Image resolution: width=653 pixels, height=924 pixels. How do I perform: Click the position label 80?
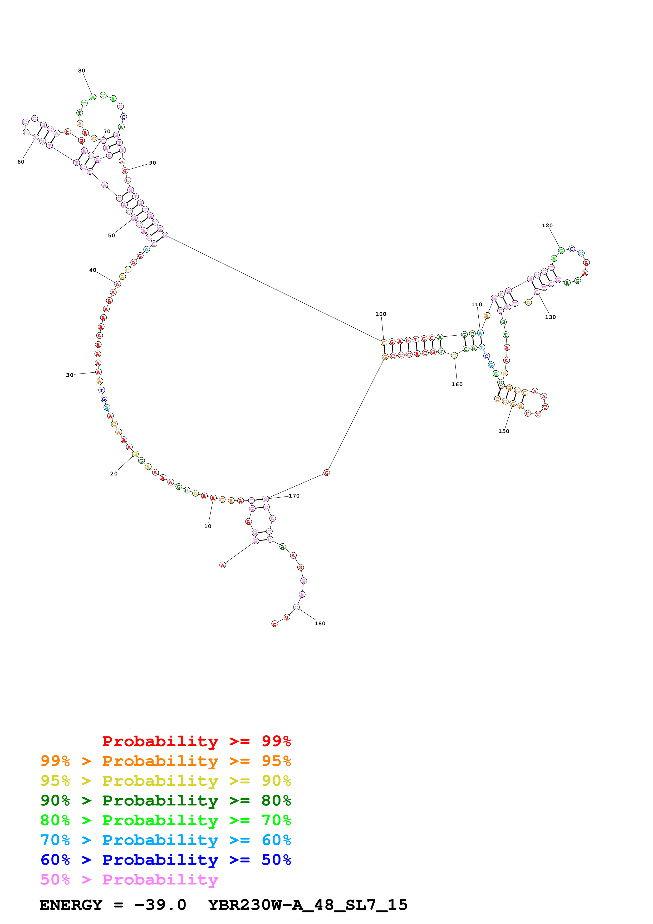[x=82, y=71]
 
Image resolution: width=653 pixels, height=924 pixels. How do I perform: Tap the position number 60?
[x=21, y=162]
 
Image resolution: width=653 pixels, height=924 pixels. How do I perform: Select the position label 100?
[x=381, y=314]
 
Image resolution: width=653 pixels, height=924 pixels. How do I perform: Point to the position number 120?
[x=547, y=225]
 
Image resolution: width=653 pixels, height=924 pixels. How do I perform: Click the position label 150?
[x=504, y=431]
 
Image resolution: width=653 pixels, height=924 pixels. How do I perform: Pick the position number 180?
[x=320, y=623]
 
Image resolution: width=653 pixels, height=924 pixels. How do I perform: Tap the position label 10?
[x=208, y=526]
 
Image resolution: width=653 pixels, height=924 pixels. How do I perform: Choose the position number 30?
[x=70, y=375]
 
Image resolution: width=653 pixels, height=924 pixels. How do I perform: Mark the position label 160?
[x=457, y=384]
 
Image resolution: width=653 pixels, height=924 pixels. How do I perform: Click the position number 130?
[x=551, y=317]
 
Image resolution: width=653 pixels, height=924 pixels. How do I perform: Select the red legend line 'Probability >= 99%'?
[x=196, y=741]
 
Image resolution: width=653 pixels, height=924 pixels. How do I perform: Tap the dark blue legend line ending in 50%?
[x=165, y=860]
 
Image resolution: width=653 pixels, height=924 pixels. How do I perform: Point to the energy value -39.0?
[x=160, y=905]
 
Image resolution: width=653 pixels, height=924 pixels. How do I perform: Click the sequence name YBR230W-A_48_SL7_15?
[x=308, y=905]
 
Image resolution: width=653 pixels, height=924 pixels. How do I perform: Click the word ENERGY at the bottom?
[x=71, y=905]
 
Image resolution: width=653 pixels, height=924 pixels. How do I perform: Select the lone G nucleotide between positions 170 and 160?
[x=327, y=473]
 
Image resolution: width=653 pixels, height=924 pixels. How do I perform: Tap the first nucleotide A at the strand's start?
[x=223, y=565]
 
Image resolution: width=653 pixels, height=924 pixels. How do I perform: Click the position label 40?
[x=92, y=270]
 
